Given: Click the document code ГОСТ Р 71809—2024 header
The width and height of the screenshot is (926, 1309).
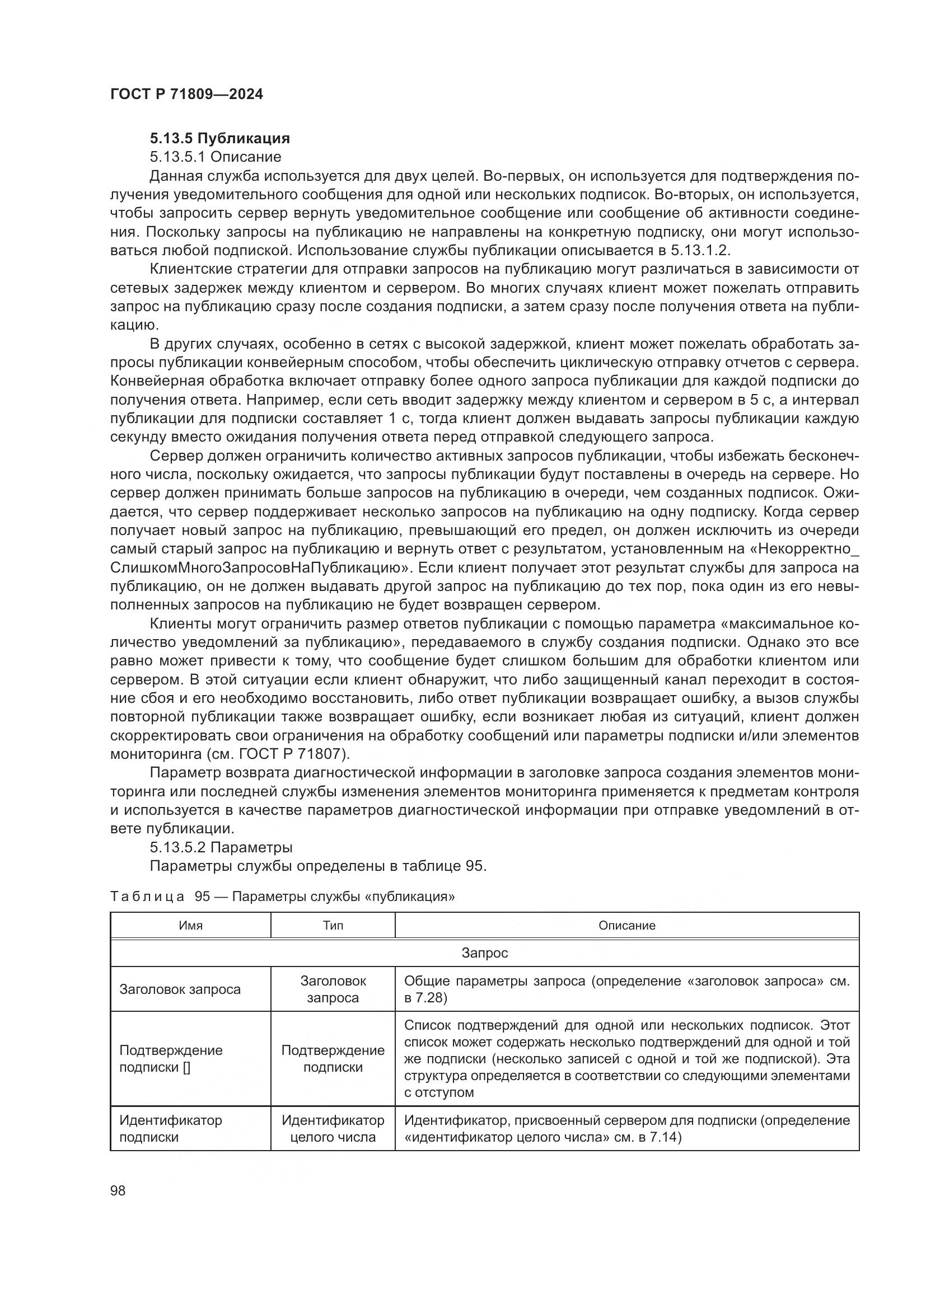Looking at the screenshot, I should click(x=186, y=95).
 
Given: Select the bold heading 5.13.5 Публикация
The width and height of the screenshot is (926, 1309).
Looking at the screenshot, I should click(x=219, y=138).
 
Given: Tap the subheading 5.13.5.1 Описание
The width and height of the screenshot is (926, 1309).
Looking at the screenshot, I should click(x=216, y=157).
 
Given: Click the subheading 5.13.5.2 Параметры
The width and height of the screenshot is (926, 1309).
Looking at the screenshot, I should click(x=221, y=847).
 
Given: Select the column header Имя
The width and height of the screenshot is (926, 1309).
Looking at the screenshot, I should click(x=190, y=925).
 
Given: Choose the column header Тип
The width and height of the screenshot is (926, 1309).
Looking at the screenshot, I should click(x=333, y=925).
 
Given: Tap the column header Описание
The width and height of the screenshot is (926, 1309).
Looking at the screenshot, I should click(x=626, y=925).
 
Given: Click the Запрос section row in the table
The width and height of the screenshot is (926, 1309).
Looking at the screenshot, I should click(x=484, y=953).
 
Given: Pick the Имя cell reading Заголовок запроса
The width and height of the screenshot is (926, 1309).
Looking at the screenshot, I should click(x=180, y=989).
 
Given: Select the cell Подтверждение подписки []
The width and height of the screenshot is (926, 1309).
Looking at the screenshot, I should click(x=171, y=1059).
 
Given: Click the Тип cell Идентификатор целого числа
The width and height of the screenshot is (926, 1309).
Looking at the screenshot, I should click(x=333, y=1128).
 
